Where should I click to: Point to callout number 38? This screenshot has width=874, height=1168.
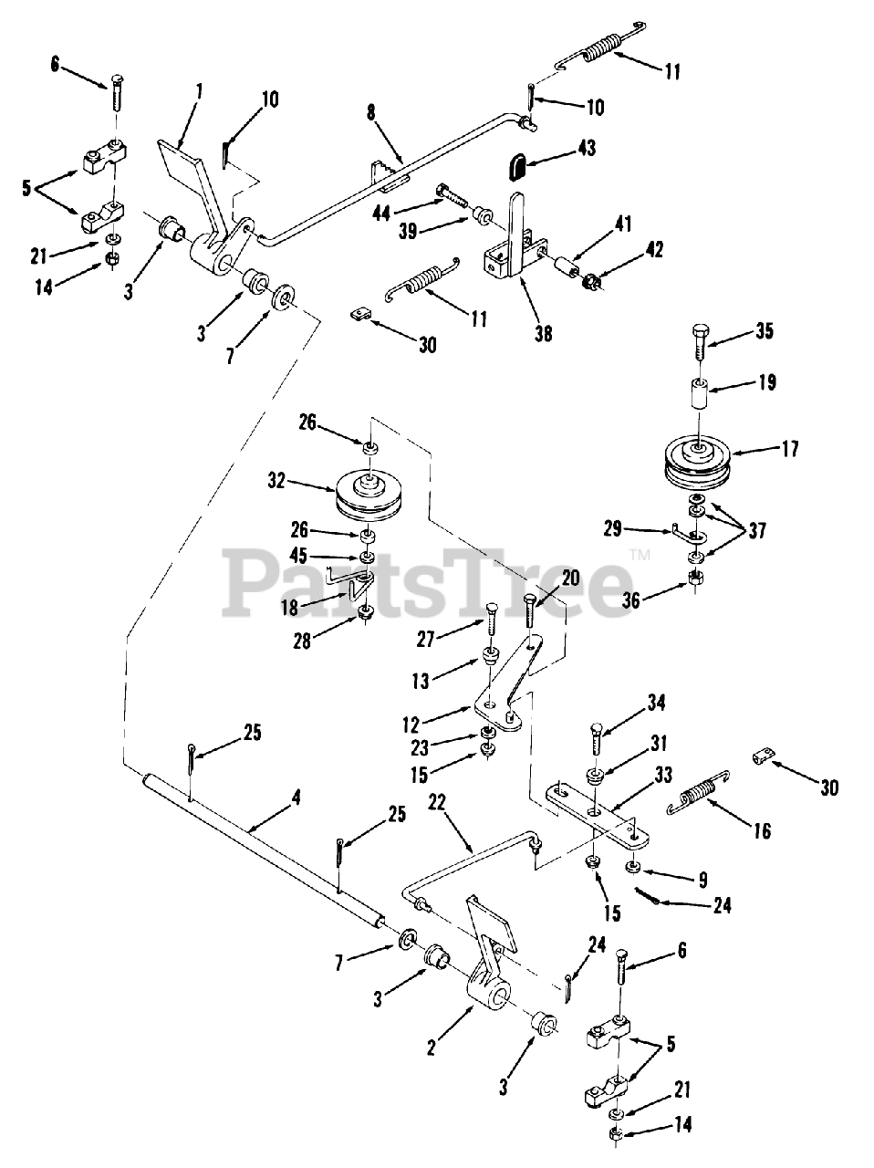click(x=545, y=334)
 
